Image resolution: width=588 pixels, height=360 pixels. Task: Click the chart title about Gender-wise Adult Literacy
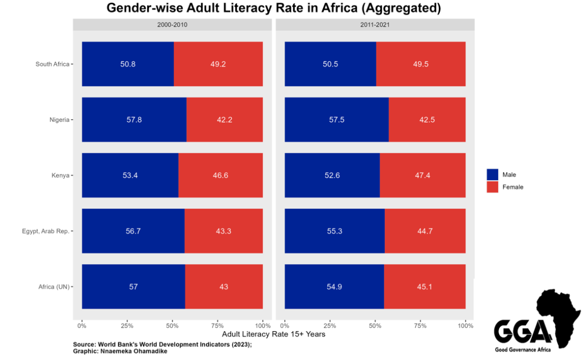(273, 9)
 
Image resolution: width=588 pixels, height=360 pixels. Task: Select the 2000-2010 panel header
(172, 25)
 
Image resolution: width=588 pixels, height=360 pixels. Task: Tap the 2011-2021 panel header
(375, 25)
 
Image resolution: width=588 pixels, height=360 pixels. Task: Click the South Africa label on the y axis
(52, 64)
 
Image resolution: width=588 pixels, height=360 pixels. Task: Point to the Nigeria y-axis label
(59, 120)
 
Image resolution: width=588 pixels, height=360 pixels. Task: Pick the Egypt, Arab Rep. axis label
(46, 231)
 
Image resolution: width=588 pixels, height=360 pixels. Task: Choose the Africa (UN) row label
(53, 286)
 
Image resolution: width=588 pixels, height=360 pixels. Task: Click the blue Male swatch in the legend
(492, 174)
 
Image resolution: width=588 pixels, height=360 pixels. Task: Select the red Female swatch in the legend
(492, 187)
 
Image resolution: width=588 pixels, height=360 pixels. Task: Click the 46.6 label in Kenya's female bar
(220, 175)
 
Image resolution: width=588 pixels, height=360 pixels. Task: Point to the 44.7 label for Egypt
(425, 231)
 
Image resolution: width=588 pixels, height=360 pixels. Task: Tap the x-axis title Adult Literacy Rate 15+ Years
(274, 334)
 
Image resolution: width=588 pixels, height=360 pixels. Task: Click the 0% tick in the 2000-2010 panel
(82, 326)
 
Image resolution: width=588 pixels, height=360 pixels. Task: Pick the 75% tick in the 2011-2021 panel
(420, 326)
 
